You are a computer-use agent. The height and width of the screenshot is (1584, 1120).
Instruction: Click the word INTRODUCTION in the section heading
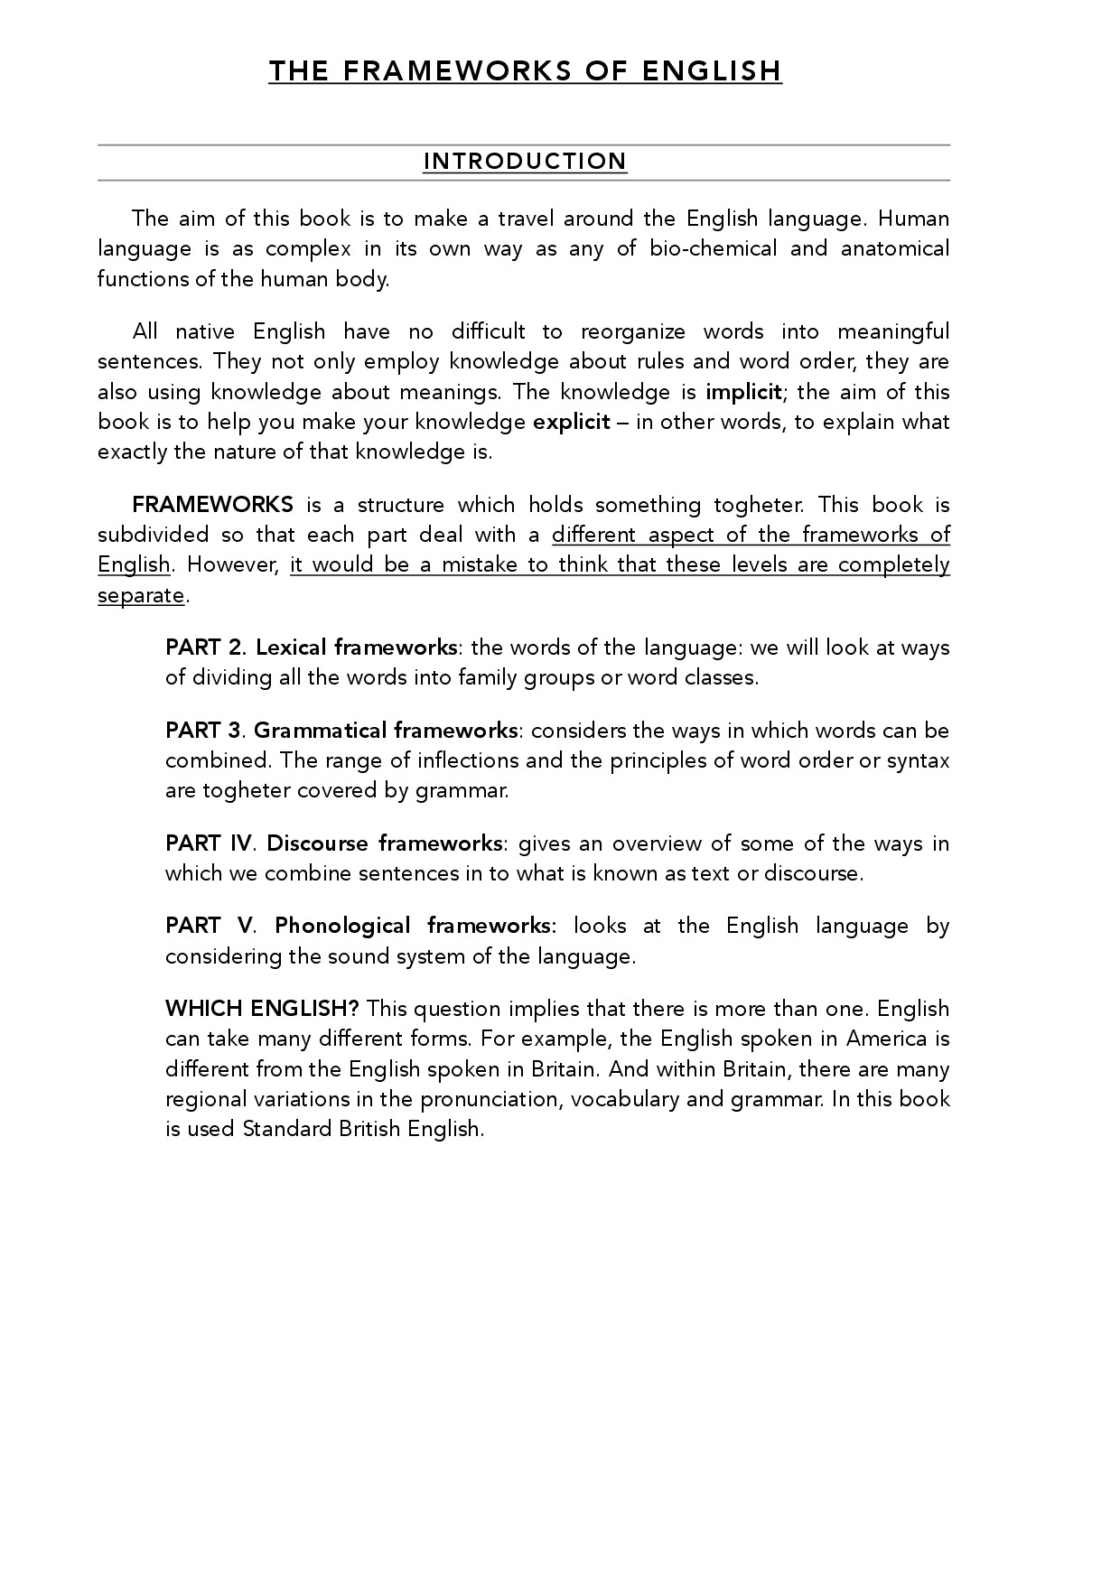(525, 162)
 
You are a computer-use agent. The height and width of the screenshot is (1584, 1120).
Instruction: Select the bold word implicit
(743, 392)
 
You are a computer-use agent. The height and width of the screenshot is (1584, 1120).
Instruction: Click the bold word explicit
(572, 422)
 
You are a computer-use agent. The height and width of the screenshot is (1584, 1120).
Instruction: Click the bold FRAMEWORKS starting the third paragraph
(212, 505)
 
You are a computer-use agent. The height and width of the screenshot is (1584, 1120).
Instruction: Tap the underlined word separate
(141, 595)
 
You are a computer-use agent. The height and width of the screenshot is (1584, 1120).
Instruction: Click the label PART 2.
(205, 648)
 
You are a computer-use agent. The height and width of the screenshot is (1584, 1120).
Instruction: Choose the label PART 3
(204, 731)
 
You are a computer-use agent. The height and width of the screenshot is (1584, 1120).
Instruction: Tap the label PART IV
(209, 843)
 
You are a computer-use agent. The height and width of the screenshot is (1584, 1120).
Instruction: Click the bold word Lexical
(292, 648)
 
